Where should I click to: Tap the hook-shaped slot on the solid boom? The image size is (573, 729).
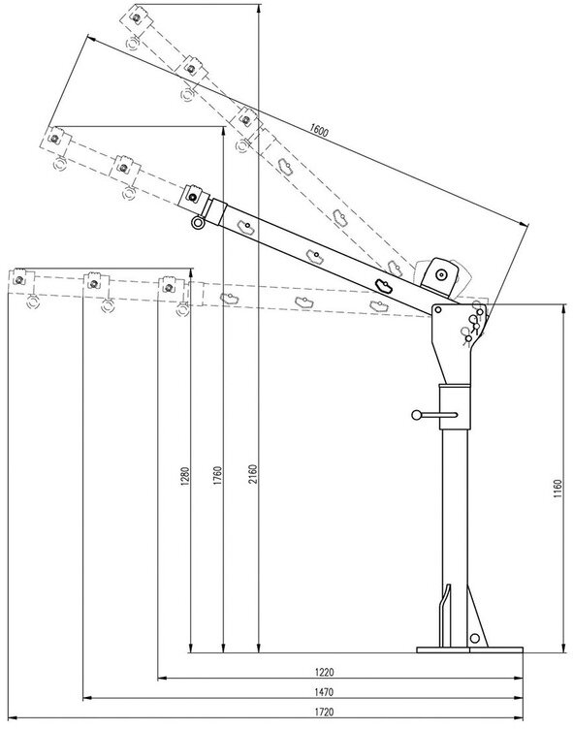pos(386,284)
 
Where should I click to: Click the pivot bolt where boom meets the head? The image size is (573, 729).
pos(439,309)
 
